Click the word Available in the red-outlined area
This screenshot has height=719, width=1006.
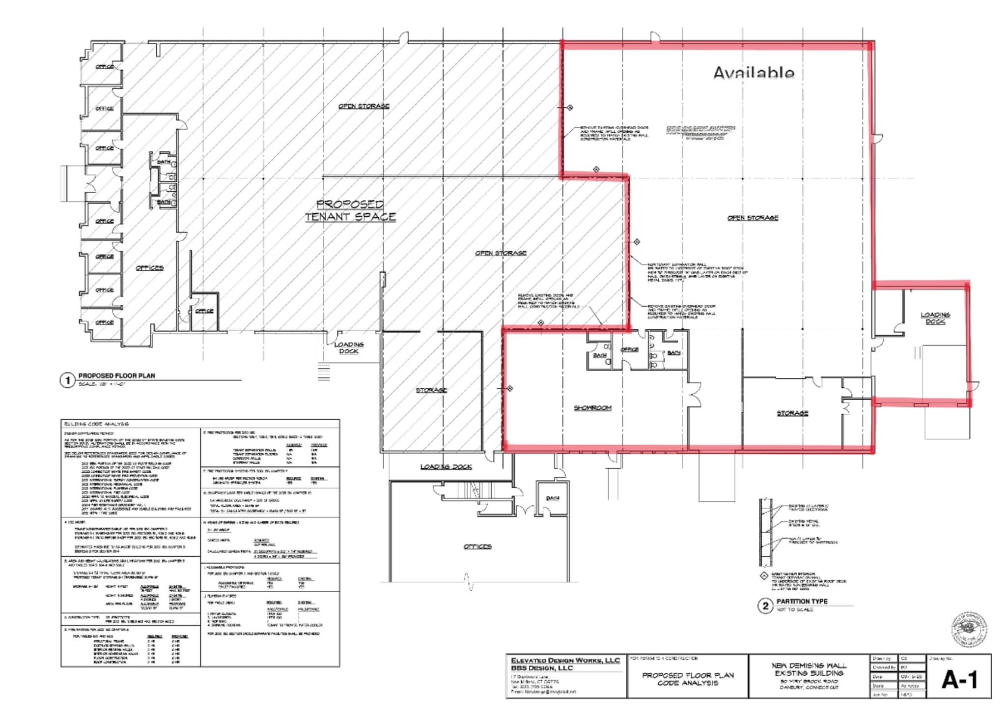[753, 73]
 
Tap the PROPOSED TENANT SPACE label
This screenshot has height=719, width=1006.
[350, 210]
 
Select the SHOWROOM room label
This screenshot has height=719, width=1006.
[592, 408]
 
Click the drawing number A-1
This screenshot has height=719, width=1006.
[959, 680]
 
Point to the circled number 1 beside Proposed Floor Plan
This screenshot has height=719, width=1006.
[67, 380]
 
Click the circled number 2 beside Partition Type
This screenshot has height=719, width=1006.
[765, 606]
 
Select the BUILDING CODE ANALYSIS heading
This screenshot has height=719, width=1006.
[96, 424]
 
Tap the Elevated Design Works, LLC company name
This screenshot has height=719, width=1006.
[565, 661]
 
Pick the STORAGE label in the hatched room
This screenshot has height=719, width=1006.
[431, 390]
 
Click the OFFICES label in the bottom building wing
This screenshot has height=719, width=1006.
[477, 546]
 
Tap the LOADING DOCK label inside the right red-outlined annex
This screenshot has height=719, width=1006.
[935, 318]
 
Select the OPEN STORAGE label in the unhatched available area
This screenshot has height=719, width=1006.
[753, 218]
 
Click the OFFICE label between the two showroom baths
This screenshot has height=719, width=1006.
[629, 349]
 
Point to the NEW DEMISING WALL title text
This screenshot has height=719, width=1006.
[809, 665]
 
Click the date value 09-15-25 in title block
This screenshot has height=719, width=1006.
[912, 677]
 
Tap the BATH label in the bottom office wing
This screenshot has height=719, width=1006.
[553, 498]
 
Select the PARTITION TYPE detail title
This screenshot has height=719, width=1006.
[802, 602]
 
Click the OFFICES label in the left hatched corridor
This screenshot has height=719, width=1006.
[149, 268]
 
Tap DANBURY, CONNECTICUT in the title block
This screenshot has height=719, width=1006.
[809, 688]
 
